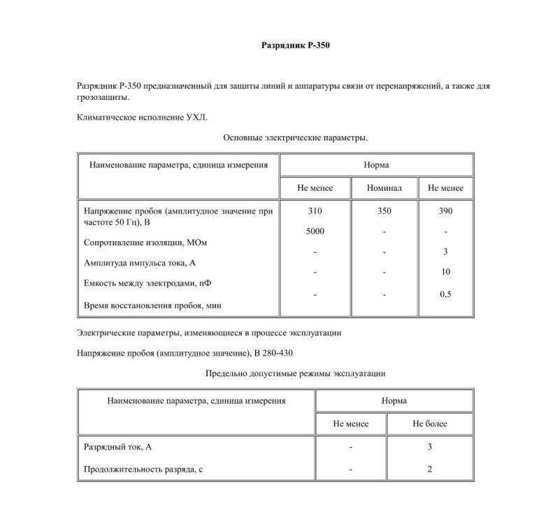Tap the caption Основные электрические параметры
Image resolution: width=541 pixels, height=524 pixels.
(x=295, y=138)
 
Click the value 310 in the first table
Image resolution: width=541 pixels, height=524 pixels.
(x=315, y=210)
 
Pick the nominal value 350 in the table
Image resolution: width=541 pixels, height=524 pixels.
(x=384, y=210)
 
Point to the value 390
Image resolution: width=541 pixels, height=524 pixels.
(x=445, y=210)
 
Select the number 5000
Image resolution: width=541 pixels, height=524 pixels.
(x=315, y=231)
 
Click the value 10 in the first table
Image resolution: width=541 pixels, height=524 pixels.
(x=445, y=271)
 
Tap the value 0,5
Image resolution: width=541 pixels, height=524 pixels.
(x=445, y=294)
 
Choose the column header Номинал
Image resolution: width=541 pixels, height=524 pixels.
(x=384, y=188)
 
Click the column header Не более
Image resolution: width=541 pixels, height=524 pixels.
(x=430, y=423)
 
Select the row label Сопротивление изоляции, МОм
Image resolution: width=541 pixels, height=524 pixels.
(x=145, y=242)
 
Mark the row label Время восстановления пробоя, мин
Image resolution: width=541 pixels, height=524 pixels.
(x=153, y=305)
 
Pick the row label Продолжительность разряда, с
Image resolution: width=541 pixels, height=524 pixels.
(x=143, y=470)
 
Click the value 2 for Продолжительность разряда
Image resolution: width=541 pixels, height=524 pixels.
(x=430, y=470)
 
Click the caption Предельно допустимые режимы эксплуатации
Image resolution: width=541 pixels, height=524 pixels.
(x=295, y=374)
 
